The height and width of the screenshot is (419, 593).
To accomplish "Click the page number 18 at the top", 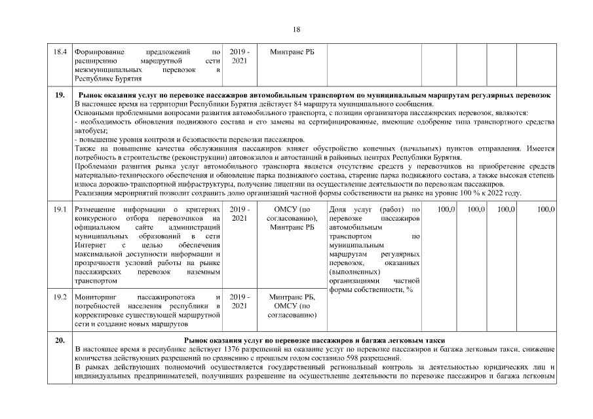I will tap(296, 29).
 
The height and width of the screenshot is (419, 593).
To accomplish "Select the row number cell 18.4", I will tap(60, 51).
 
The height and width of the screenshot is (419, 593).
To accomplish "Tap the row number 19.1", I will tap(60, 209).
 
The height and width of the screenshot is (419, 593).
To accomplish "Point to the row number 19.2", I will tap(60, 297).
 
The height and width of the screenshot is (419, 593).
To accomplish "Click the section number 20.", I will tap(60, 341).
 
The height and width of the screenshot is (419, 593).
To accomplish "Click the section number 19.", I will tap(60, 96).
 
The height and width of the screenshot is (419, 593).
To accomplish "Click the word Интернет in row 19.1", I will tap(90, 244).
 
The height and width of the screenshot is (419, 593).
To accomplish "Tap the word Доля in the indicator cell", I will tap(337, 209).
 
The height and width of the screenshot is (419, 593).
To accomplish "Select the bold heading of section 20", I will tap(315, 341).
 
